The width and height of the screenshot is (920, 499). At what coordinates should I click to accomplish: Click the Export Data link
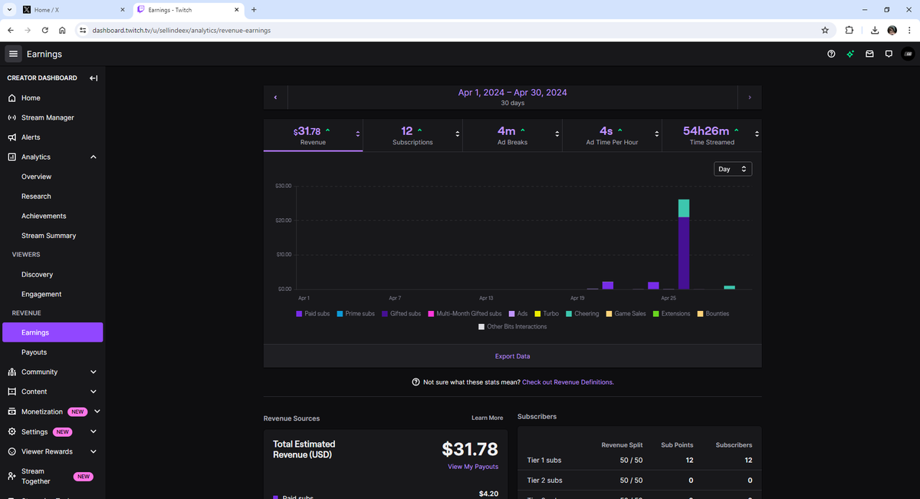tap(512, 356)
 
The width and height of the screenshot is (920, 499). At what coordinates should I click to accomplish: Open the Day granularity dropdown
tap(733, 169)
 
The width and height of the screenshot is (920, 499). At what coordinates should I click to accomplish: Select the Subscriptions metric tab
tap(412, 135)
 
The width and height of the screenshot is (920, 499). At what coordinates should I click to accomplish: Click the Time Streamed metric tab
tap(711, 135)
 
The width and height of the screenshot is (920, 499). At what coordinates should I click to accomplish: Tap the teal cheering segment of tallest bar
tap(684, 208)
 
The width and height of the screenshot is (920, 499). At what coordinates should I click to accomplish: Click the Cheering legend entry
tap(583, 313)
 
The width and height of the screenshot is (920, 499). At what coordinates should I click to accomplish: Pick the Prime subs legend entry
tap(356, 313)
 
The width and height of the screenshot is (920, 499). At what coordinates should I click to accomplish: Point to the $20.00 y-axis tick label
tap(284, 220)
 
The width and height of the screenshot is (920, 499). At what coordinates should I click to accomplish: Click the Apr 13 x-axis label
tap(486, 298)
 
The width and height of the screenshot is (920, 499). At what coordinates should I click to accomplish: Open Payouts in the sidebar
tap(34, 352)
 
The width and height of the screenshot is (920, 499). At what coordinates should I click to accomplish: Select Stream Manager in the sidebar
tap(48, 117)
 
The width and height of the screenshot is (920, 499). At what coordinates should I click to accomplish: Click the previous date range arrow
tap(275, 97)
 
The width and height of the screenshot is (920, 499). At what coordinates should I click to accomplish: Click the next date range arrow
tap(750, 97)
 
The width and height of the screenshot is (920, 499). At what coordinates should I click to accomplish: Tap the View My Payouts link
tap(473, 467)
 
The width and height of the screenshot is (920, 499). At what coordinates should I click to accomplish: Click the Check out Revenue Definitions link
tap(568, 382)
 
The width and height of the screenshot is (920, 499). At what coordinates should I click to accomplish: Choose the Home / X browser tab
tap(74, 9)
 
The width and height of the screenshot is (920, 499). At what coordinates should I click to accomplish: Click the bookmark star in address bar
tap(825, 30)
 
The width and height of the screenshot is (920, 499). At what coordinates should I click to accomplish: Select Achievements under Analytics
tap(44, 216)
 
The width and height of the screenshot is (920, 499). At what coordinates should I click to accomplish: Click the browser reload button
tap(45, 30)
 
